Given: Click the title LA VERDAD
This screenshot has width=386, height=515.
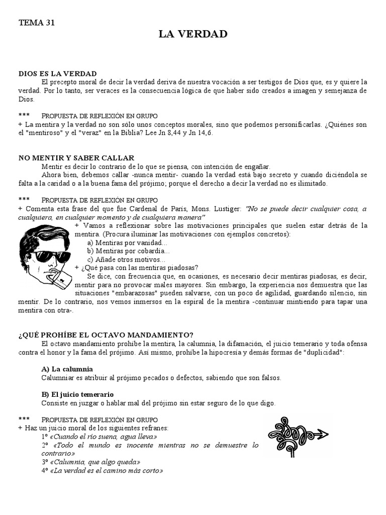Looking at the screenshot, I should [193, 34].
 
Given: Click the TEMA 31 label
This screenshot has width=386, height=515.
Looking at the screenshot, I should [36, 22].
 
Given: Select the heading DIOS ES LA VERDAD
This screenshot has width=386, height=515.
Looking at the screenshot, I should [57, 74].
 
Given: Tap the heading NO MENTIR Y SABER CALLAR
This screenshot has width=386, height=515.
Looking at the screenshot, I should [73, 158].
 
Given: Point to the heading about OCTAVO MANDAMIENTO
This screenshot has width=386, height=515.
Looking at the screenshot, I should [106, 335].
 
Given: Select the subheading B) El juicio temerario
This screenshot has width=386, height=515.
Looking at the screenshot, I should [78, 394].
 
